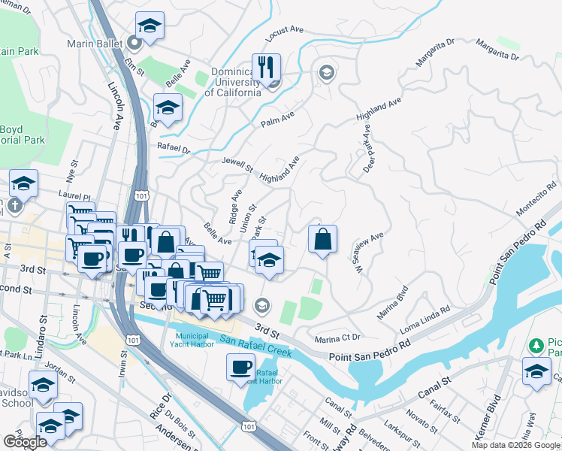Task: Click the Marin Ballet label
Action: pos(94,44)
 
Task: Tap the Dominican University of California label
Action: pos(225,83)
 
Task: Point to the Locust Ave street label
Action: pos(285,34)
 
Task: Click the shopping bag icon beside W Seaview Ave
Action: pos(322,240)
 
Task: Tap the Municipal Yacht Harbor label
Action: pos(195,341)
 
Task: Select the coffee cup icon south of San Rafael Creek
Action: pos(240,367)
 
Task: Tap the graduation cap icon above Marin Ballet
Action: pos(150,26)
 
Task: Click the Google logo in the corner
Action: pos(25,442)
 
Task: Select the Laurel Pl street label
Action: pos(68,193)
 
